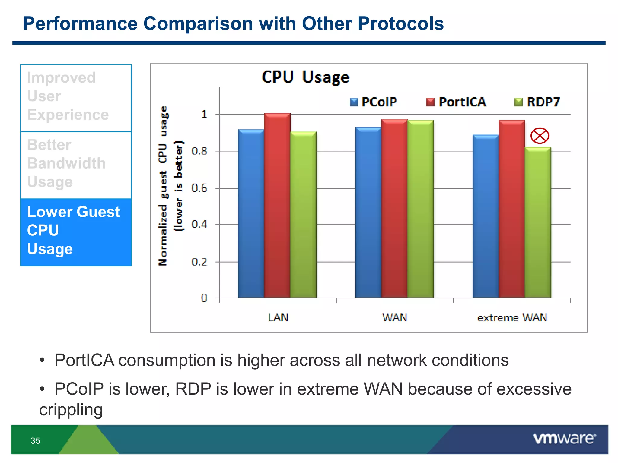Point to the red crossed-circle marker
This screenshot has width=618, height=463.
540,136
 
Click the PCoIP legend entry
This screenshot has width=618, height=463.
374,102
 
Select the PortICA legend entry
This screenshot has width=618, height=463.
456,102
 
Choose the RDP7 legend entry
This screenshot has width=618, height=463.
537,102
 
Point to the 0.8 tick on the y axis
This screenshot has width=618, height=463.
199,151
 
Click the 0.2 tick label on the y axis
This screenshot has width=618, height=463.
199,262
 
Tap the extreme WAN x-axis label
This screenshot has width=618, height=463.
512,318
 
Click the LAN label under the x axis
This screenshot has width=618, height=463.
278,318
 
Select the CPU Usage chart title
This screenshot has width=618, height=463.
305,77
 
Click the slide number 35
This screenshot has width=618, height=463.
35,441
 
